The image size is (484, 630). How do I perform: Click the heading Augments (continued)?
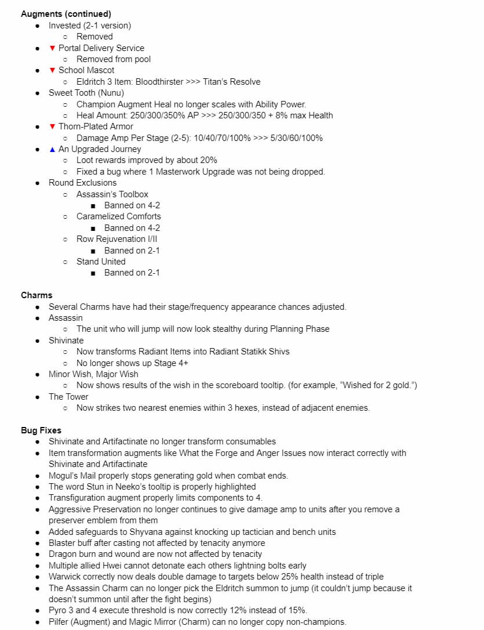(x=65, y=14)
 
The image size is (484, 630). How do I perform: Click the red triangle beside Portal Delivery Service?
(x=52, y=48)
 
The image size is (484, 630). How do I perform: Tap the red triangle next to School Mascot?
(x=52, y=70)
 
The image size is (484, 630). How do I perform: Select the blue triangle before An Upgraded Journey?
(x=52, y=149)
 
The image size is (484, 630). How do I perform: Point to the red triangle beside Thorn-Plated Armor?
(x=52, y=126)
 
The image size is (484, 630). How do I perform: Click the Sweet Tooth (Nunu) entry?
(x=86, y=93)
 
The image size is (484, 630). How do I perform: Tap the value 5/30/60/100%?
(x=293, y=138)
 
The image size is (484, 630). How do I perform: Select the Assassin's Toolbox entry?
(x=112, y=194)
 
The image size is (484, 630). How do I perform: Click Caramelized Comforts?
(x=119, y=216)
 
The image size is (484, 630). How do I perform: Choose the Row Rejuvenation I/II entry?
(x=117, y=239)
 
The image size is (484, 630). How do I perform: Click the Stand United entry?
(x=101, y=262)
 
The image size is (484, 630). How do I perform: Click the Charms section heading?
(x=37, y=295)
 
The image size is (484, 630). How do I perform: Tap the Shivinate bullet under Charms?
(x=66, y=341)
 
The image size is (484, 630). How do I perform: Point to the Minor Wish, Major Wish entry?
(x=93, y=374)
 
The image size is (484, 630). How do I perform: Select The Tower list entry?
(x=68, y=397)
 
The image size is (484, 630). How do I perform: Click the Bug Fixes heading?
(x=41, y=430)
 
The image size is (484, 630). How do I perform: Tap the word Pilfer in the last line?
(x=60, y=622)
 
